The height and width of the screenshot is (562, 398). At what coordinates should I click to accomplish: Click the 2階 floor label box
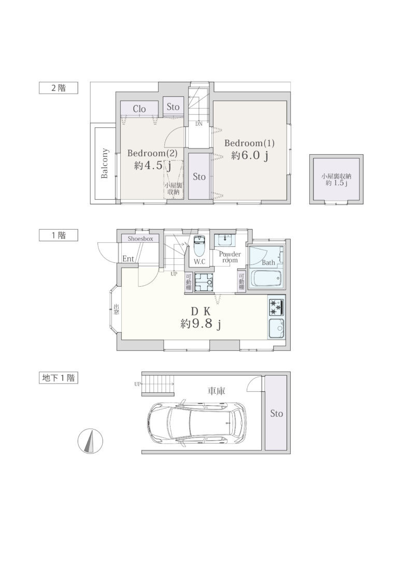[59, 88]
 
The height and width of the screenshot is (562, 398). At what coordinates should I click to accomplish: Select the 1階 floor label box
[59, 235]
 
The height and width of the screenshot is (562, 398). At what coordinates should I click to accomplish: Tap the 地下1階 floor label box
[59, 378]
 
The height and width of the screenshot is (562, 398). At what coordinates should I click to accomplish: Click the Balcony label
[105, 163]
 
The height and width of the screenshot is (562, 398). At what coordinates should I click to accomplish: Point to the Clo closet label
[139, 109]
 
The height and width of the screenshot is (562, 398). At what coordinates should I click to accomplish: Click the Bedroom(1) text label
[249, 143]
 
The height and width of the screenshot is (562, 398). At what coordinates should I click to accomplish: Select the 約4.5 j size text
[152, 166]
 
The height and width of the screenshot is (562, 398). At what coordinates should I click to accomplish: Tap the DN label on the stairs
[199, 124]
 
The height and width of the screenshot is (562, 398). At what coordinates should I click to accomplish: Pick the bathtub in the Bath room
[266, 278]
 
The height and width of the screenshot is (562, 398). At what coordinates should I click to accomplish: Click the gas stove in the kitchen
[276, 307]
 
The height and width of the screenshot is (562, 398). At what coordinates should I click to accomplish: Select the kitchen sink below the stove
[276, 328]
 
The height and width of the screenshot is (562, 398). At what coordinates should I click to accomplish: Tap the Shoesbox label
[140, 239]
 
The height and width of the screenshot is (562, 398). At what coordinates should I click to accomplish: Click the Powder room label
[230, 257]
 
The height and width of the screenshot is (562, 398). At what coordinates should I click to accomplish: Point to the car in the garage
[197, 423]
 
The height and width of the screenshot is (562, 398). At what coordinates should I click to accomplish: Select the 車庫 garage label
[217, 391]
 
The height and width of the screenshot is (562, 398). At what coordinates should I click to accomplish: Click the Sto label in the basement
[276, 413]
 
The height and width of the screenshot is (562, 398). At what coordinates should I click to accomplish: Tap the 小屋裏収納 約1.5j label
[336, 179]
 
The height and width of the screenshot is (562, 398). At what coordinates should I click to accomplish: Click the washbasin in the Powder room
[225, 240]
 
